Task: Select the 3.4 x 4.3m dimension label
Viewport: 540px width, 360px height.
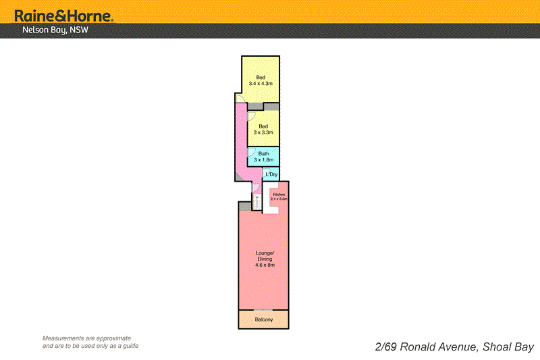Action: point(261,83)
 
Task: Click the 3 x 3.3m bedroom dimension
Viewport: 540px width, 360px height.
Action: point(263,133)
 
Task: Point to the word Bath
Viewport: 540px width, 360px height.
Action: point(263,153)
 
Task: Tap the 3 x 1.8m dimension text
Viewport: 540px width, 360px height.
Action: point(263,160)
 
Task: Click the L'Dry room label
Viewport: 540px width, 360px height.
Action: point(271,175)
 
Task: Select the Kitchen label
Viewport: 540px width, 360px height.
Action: point(279,195)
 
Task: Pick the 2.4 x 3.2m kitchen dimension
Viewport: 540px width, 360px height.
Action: point(279,199)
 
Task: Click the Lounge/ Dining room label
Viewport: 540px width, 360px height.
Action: point(263,256)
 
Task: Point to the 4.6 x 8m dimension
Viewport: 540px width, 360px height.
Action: point(263,265)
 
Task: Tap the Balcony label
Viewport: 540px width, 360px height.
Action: point(263,319)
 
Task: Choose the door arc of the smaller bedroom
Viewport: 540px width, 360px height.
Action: point(251,117)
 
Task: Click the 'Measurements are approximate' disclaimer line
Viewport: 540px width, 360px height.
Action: point(86,338)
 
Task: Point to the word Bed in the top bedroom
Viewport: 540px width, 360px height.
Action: point(261,76)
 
